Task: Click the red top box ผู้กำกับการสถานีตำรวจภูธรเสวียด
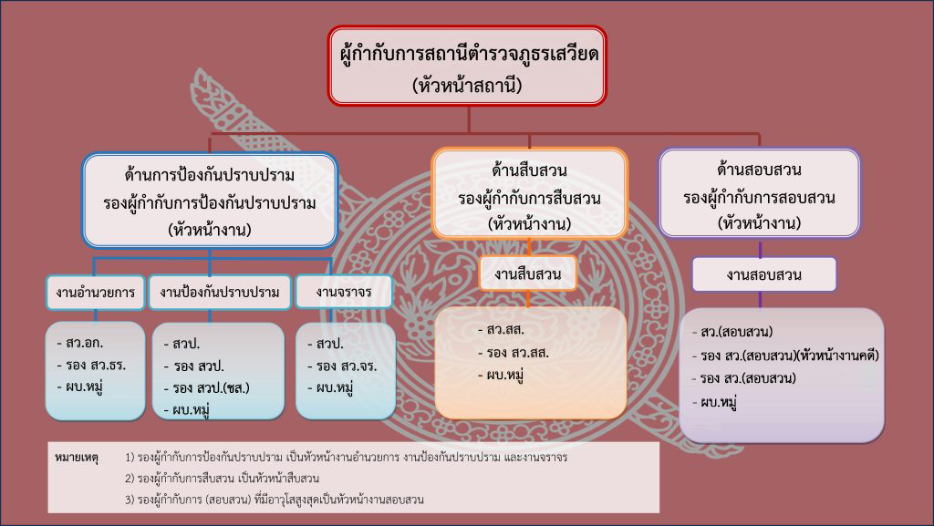pyautogui.click(x=467, y=66)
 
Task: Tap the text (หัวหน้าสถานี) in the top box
pyautogui.click(x=467, y=86)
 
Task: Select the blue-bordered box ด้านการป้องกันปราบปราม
pyautogui.click(x=210, y=201)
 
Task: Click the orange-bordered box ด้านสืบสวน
pyautogui.click(x=529, y=194)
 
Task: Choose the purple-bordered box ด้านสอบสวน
pyautogui.click(x=760, y=193)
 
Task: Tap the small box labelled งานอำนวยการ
pyautogui.click(x=95, y=292)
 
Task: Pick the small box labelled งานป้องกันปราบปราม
pyautogui.click(x=219, y=292)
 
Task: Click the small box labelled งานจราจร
pyautogui.click(x=344, y=292)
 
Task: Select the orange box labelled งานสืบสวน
pyautogui.click(x=528, y=273)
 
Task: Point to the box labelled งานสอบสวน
pyautogui.click(x=763, y=275)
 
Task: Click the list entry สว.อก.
pyautogui.click(x=80, y=343)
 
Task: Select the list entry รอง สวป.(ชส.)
pyautogui.click(x=207, y=388)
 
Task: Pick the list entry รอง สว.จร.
pyautogui.click(x=343, y=366)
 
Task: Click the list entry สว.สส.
pyautogui.click(x=501, y=330)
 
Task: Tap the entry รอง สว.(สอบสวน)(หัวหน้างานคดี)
pyautogui.click(x=785, y=356)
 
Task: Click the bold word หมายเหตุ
pyautogui.click(x=77, y=458)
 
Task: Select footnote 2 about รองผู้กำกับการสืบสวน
pyautogui.click(x=223, y=479)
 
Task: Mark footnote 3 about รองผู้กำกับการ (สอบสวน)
pyautogui.click(x=275, y=500)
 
